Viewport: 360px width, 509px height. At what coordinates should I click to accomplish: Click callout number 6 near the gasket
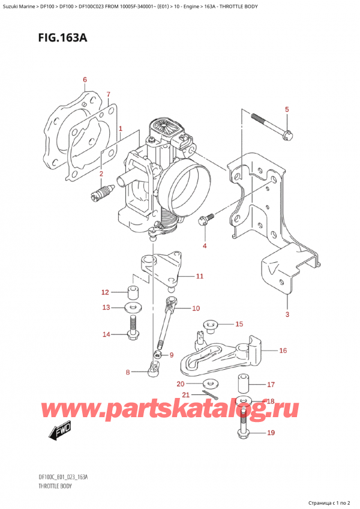point(85,80)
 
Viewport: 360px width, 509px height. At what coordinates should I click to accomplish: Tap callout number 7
point(108,94)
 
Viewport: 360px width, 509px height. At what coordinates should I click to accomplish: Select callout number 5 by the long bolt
point(287,109)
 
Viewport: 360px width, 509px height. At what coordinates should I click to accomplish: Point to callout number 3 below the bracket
point(287,315)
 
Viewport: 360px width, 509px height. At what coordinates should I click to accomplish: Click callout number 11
point(199,277)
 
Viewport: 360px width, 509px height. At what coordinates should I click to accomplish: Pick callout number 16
point(283,351)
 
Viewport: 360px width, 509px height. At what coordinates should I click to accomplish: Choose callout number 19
point(270,432)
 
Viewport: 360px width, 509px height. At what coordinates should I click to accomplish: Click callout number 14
point(106,334)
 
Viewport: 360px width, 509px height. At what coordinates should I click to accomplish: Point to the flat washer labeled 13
point(134,309)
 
